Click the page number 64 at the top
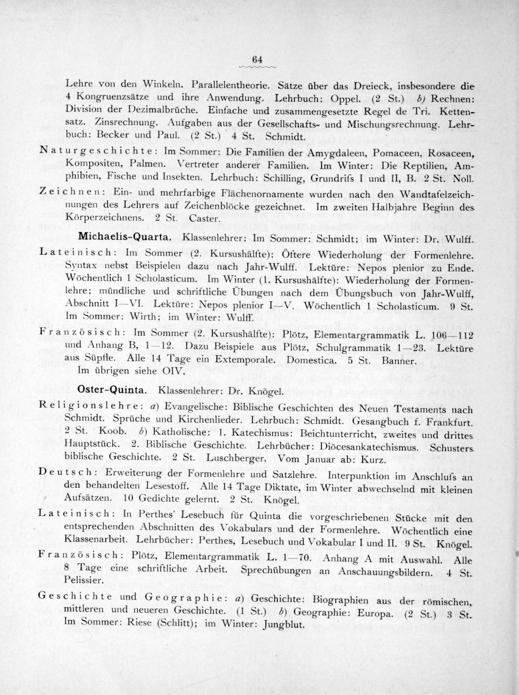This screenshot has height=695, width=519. (257, 59)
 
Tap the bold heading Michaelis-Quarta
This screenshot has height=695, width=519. (124, 237)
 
